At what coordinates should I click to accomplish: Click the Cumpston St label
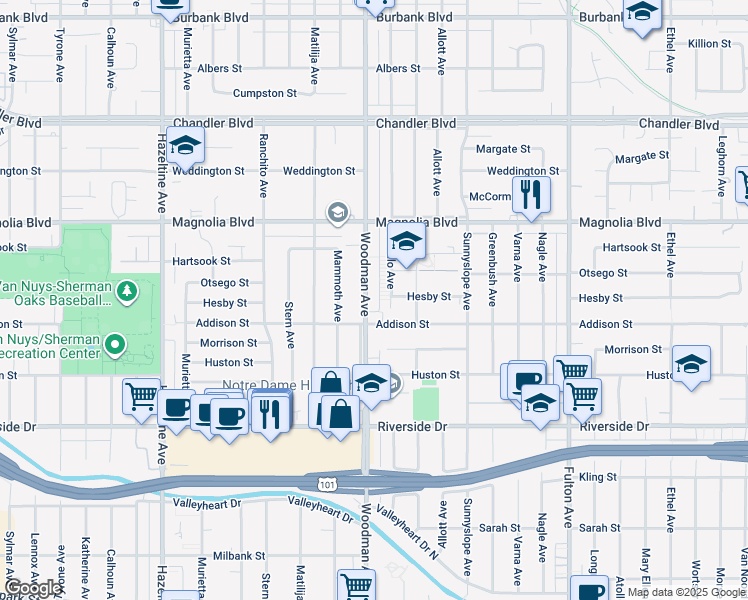point(265,93)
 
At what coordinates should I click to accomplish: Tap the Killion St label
point(710,44)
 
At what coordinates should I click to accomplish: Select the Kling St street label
point(598,478)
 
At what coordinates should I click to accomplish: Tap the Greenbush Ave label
point(492,257)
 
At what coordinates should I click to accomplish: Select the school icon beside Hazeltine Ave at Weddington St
point(185,147)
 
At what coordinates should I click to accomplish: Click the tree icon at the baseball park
point(127,291)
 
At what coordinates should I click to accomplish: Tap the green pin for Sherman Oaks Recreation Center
point(116,345)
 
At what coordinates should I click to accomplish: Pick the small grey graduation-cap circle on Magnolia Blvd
point(338,212)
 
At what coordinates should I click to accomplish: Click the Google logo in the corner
point(33,589)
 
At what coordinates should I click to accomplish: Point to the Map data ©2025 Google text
point(686,592)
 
